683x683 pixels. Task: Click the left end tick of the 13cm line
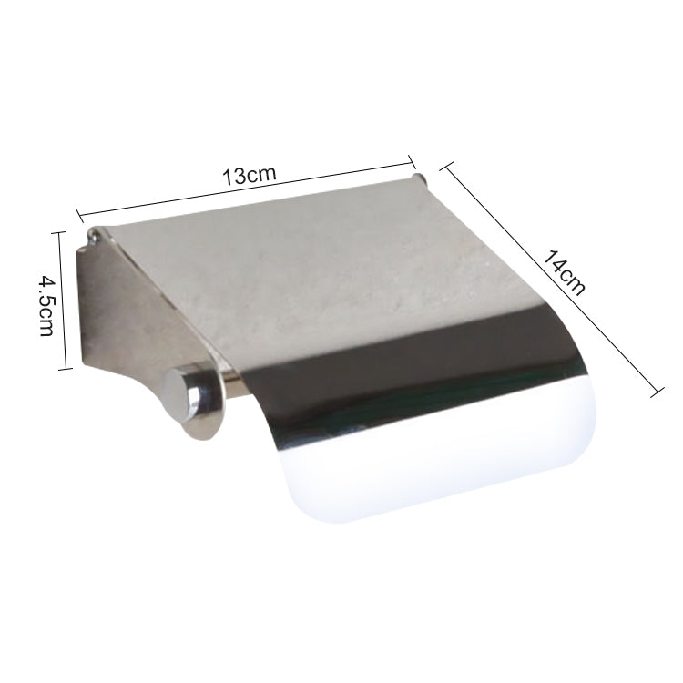click(79, 218)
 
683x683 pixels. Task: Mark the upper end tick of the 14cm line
click(445, 168)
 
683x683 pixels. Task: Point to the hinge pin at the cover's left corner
click(93, 239)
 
